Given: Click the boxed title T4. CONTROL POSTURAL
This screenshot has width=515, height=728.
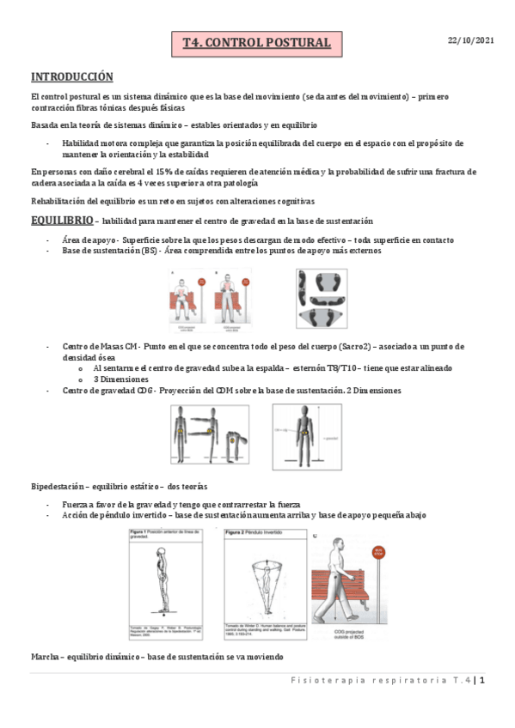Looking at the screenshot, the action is [256, 43].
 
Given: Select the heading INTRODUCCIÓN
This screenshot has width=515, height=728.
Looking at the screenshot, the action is [71, 76].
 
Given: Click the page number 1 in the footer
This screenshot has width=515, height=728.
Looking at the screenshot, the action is [483, 682].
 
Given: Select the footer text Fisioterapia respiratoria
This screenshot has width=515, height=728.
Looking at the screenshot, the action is [379, 682].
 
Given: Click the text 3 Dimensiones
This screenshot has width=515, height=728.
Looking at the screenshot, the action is [120, 379].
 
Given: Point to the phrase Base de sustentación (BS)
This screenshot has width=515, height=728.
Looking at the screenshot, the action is [110, 251].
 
